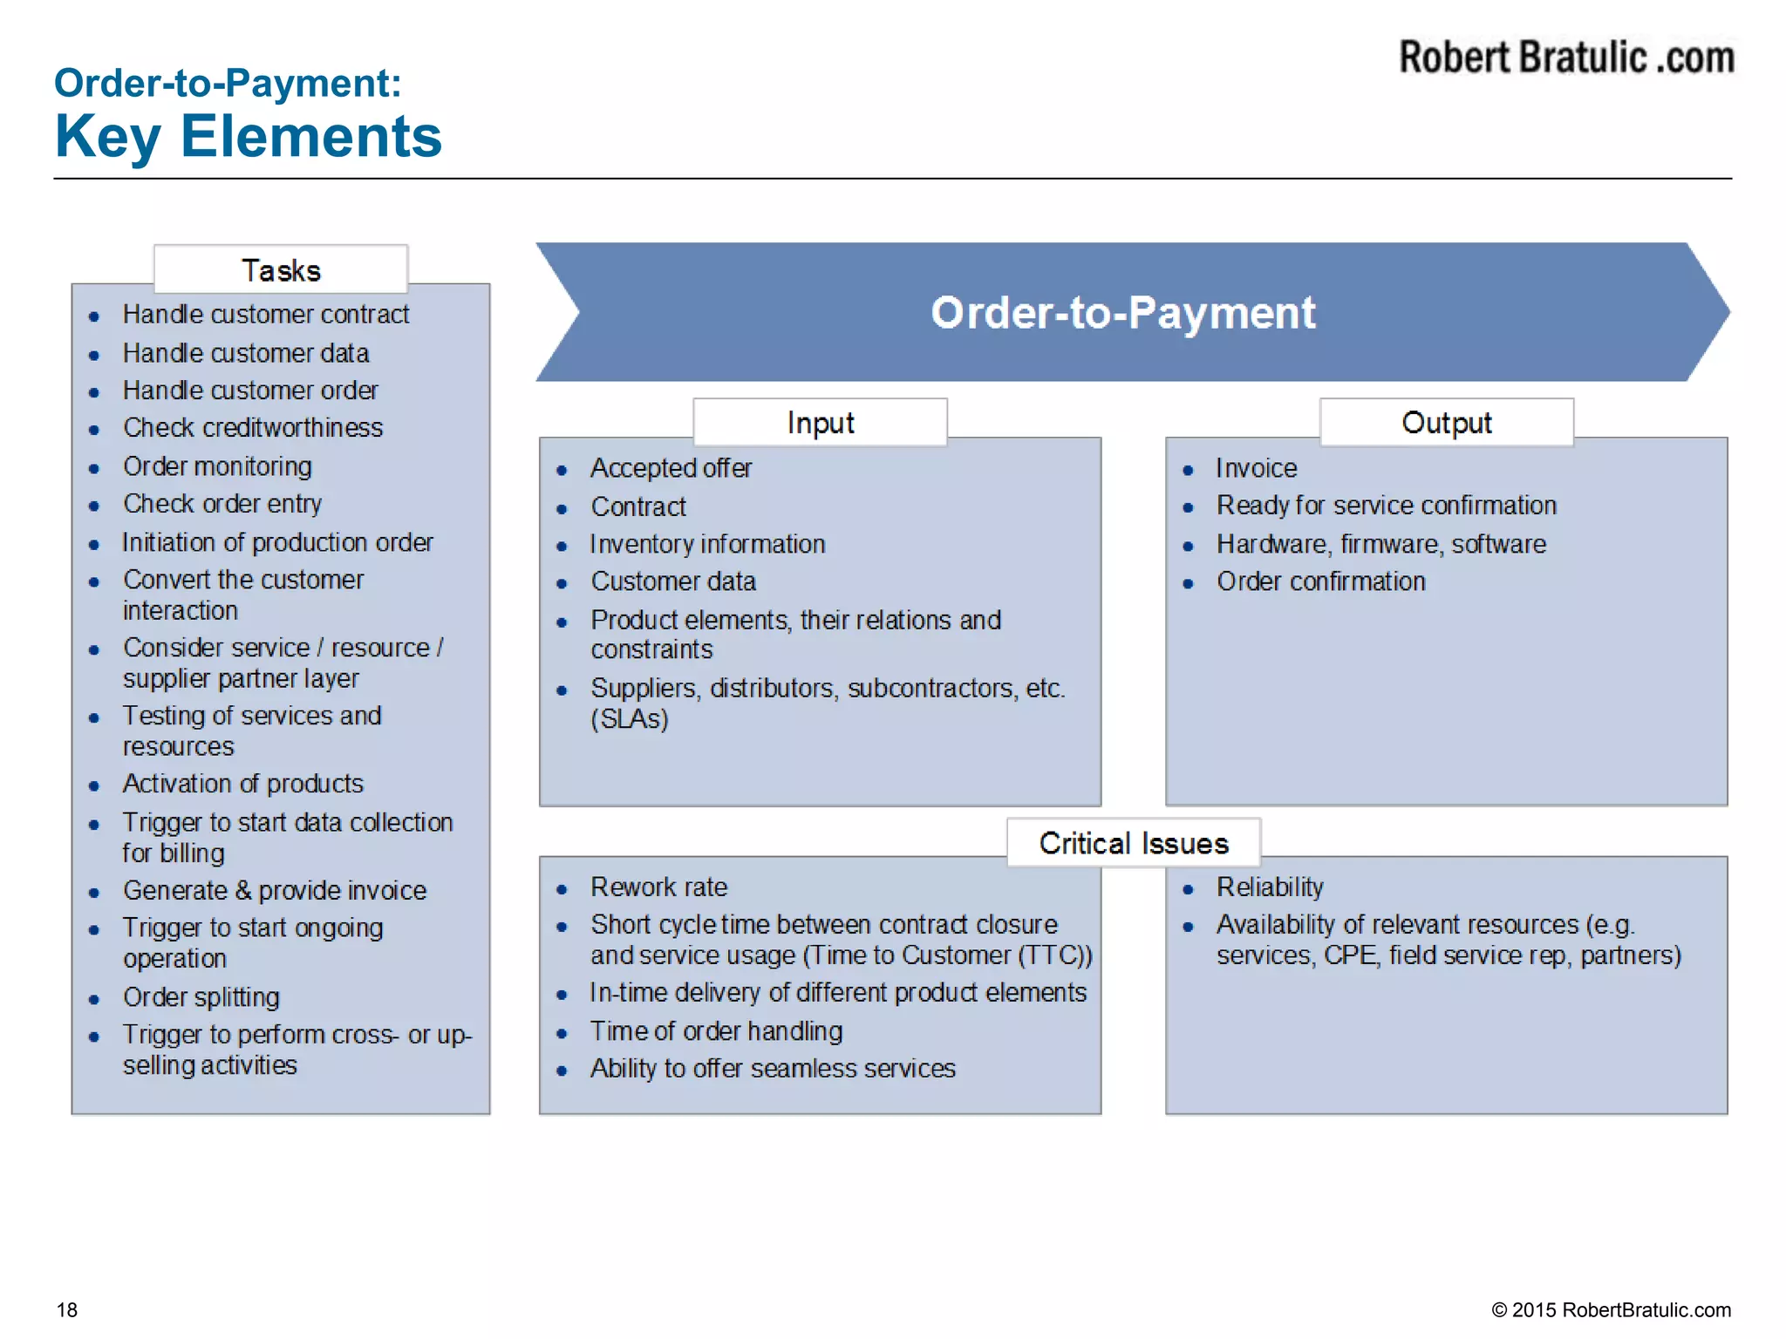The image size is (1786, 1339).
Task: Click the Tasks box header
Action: (x=281, y=270)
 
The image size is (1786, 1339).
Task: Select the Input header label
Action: (x=820, y=423)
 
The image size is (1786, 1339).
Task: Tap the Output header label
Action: (x=1446, y=423)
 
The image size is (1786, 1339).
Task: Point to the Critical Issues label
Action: (x=1134, y=843)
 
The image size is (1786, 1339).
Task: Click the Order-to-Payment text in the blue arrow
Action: (x=1122, y=312)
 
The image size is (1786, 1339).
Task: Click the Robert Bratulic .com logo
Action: (x=1566, y=58)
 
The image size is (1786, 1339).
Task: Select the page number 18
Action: (x=67, y=1309)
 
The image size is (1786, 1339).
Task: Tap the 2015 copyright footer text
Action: (x=1611, y=1309)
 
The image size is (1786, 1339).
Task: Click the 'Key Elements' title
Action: (x=249, y=137)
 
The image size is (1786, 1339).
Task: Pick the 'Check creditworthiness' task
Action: (x=253, y=427)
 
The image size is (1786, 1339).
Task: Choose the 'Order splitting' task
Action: (x=201, y=996)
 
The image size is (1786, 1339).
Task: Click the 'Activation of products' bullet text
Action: (x=243, y=784)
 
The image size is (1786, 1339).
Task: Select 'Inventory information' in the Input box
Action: (x=708, y=544)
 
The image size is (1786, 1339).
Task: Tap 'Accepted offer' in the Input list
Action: (x=671, y=468)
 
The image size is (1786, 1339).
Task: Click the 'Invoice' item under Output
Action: (x=1257, y=468)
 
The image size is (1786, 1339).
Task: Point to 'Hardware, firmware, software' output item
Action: (x=1381, y=544)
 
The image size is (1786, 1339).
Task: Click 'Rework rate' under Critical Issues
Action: (x=659, y=887)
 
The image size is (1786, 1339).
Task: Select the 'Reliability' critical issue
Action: (x=1270, y=887)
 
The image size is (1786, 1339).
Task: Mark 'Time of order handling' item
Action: (x=717, y=1031)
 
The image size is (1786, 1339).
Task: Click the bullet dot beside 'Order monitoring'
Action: (x=94, y=468)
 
